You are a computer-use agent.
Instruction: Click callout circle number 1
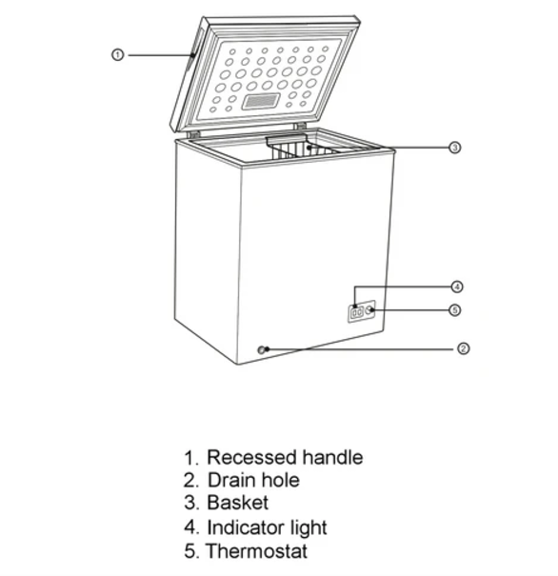point(117,55)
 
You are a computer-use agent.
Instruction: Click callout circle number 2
point(464,349)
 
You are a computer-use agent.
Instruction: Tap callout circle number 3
point(455,148)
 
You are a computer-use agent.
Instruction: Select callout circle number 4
point(456,287)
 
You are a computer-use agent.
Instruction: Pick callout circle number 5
point(456,309)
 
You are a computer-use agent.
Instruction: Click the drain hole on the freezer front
point(262,349)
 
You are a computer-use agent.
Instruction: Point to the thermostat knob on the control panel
point(369,310)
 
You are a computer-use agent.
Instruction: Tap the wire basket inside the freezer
point(299,148)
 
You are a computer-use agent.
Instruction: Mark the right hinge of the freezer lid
point(300,126)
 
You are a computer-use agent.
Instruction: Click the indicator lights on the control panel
point(354,311)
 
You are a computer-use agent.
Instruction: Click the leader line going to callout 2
point(362,349)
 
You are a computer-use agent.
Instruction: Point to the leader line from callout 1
point(157,55)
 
